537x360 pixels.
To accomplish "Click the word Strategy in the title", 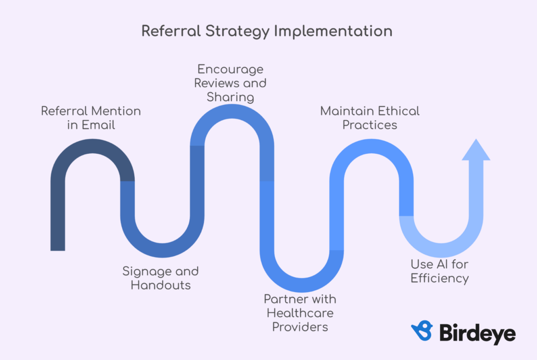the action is pyautogui.click(x=238, y=31).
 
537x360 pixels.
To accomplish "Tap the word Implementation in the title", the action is pyautogui.click(x=333, y=31).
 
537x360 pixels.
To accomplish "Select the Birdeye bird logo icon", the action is pyautogui.click(x=422, y=331).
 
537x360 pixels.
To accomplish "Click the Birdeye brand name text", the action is pyautogui.click(x=477, y=333).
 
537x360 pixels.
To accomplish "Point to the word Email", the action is pyautogui.click(x=98, y=125).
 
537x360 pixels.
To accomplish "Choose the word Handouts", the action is pyautogui.click(x=160, y=285).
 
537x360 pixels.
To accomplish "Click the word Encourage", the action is pyautogui.click(x=230, y=70).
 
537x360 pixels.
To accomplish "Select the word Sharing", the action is pyautogui.click(x=230, y=98).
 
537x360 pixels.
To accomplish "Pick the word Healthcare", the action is pyautogui.click(x=300, y=313).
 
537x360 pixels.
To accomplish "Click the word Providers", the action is pyautogui.click(x=300, y=327).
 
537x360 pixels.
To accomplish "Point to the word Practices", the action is pyautogui.click(x=370, y=125).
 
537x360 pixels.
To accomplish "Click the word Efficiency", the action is pyautogui.click(x=440, y=279).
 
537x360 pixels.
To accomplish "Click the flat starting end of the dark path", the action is pyautogui.click(x=58, y=250).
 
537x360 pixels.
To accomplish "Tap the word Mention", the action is pyautogui.click(x=116, y=111).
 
